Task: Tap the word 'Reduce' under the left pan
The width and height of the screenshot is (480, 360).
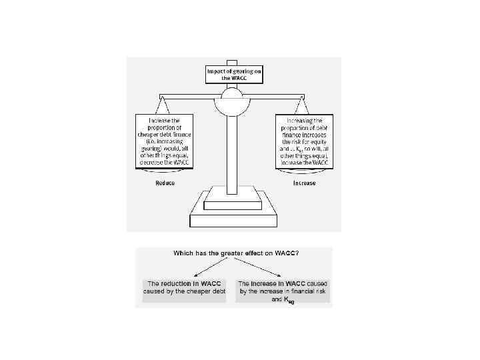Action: click(165, 183)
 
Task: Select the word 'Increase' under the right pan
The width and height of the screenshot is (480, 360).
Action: click(305, 183)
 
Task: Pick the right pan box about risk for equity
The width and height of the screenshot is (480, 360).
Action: click(304, 141)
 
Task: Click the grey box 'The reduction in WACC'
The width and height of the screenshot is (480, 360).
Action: click(185, 287)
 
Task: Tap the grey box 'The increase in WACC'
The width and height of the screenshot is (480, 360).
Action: click(283, 291)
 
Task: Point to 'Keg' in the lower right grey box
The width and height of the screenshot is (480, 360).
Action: click(288, 301)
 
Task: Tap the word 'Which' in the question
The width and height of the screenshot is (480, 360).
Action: click(184, 253)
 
